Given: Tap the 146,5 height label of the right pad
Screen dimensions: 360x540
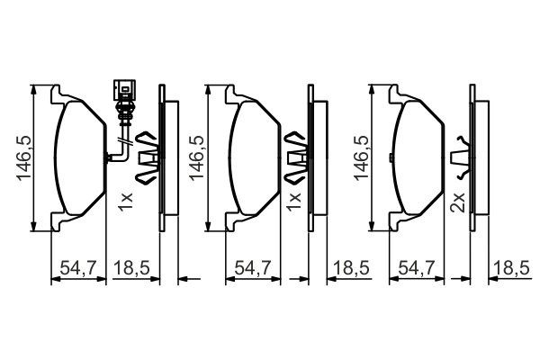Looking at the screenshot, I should coord(360,159).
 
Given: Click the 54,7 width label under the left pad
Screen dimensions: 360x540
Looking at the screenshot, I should coord(76,267).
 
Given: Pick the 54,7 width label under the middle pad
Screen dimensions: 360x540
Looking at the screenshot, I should coord(251,267).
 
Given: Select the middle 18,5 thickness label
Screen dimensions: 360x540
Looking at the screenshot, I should coord(350,267).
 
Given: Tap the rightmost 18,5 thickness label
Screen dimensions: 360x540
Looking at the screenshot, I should coord(514,267).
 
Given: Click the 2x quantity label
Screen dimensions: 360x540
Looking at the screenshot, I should coord(457,201).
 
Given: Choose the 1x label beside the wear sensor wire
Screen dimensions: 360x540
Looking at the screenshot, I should coord(125,201).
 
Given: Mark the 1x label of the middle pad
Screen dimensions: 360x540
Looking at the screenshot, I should coord(292,201).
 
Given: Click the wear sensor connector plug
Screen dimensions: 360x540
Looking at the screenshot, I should coord(123,92).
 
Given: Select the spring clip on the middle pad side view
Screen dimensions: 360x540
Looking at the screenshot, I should coord(299,157).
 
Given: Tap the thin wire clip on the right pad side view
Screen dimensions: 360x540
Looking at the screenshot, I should coord(462,157).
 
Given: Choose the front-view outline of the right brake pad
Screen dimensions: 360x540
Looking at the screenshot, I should coord(419,158).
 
